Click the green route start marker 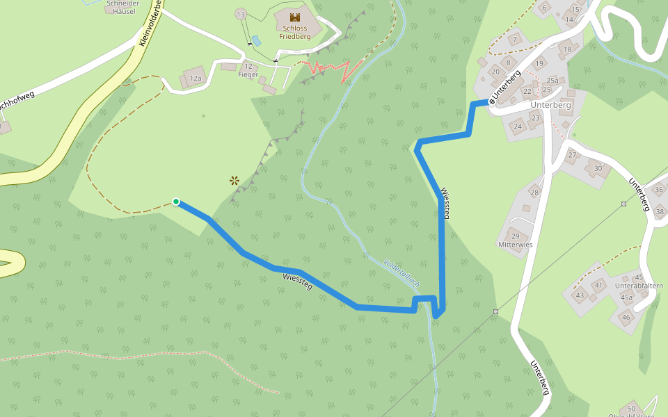(176, 202)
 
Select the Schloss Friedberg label (294, 32)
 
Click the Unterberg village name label (550, 105)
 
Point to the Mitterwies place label (516, 245)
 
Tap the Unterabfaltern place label (639, 286)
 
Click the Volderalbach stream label (401, 273)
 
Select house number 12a (196, 79)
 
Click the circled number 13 (241, 15)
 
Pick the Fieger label (248, 74)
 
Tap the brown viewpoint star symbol (234, 181)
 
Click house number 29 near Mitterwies (516, 237)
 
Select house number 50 (631, 408)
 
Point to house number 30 (597, 168)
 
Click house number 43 (580, 295)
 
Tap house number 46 (626, 317)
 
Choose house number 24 (517, 126)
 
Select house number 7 (515, 40)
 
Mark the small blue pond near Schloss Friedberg (255, 41)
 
